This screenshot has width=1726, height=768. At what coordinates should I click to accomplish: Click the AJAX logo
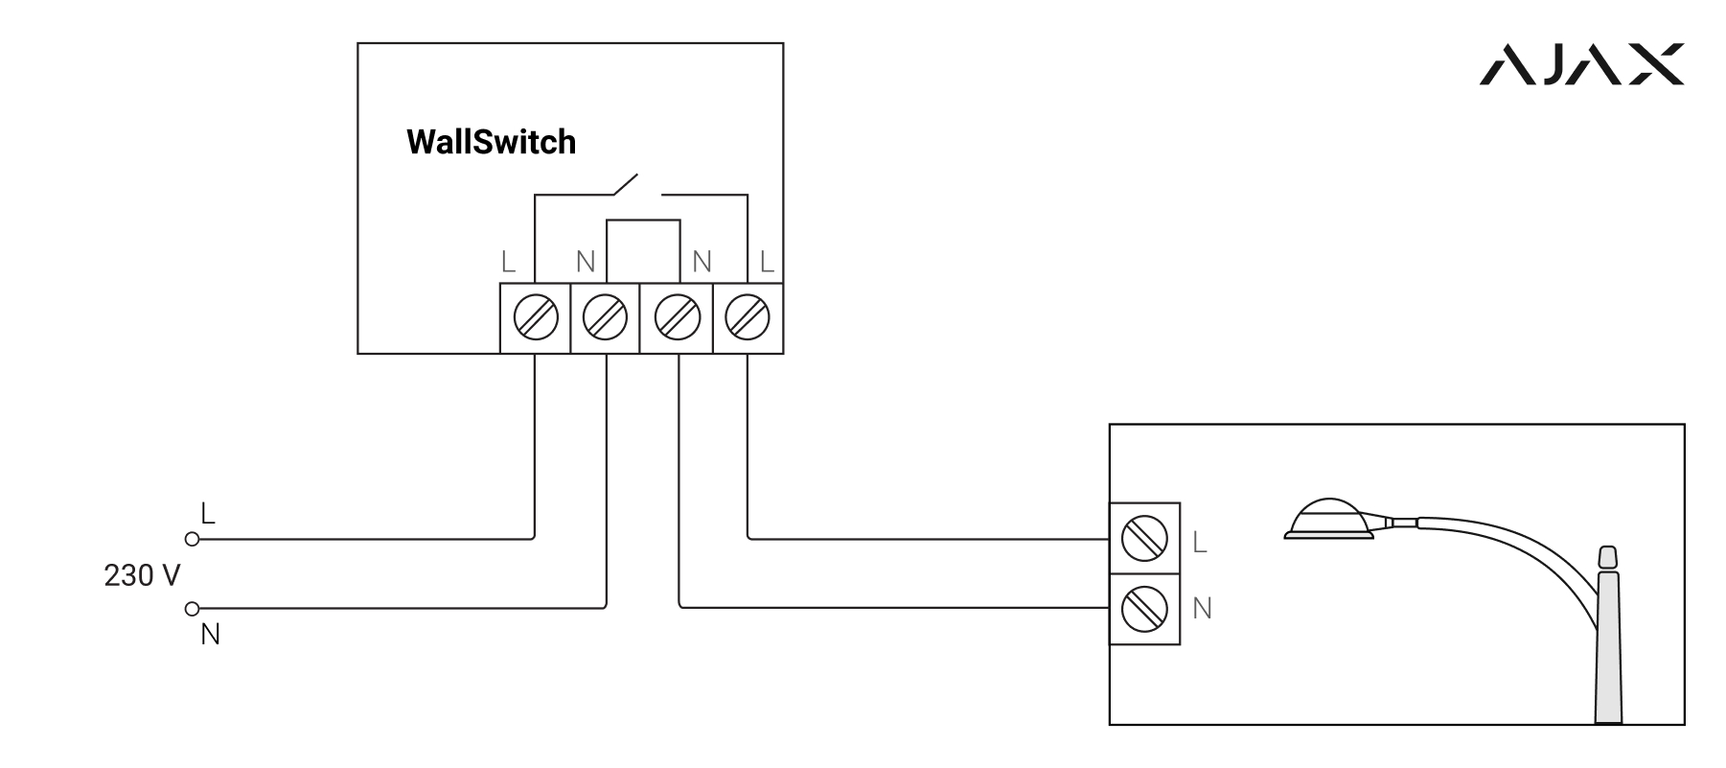(x=1582, y=65)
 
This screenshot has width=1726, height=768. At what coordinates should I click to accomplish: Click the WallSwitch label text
(x=491, y=142)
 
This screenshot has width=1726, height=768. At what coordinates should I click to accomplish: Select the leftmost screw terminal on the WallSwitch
(x=535, y=317)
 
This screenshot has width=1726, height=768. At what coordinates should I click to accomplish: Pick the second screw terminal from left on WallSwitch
(x=605, y=317)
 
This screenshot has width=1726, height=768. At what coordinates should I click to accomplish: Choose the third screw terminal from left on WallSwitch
(x=677, y=317)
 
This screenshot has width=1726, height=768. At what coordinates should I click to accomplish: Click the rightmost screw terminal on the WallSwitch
(x=748, y=317)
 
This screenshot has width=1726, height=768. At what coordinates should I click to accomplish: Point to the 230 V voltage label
(x=142, y=575)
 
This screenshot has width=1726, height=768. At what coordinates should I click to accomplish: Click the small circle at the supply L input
(x=192, y=539)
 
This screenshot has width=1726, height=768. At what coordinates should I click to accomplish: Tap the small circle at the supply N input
(x=192, y=608)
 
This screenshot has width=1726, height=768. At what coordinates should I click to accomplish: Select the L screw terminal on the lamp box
(x=1144, y=538)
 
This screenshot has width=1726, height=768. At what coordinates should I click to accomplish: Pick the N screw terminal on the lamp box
(x=1144, y=609)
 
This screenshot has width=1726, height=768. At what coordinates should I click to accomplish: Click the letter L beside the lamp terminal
(x=1200, y=543)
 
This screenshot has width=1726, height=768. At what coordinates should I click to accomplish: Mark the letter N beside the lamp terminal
(x=1202, y=608)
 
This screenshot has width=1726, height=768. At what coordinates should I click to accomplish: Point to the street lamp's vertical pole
(x=1608, y=652)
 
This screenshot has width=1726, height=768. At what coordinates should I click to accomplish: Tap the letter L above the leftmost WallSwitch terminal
(x=508, y=261)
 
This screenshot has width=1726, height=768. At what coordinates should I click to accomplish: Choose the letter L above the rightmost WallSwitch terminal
(x=766, y=261)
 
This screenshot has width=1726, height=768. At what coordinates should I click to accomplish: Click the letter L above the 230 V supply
(x=207, y=513)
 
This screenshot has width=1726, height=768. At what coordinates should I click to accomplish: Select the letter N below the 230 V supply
(x=210, y=635)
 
